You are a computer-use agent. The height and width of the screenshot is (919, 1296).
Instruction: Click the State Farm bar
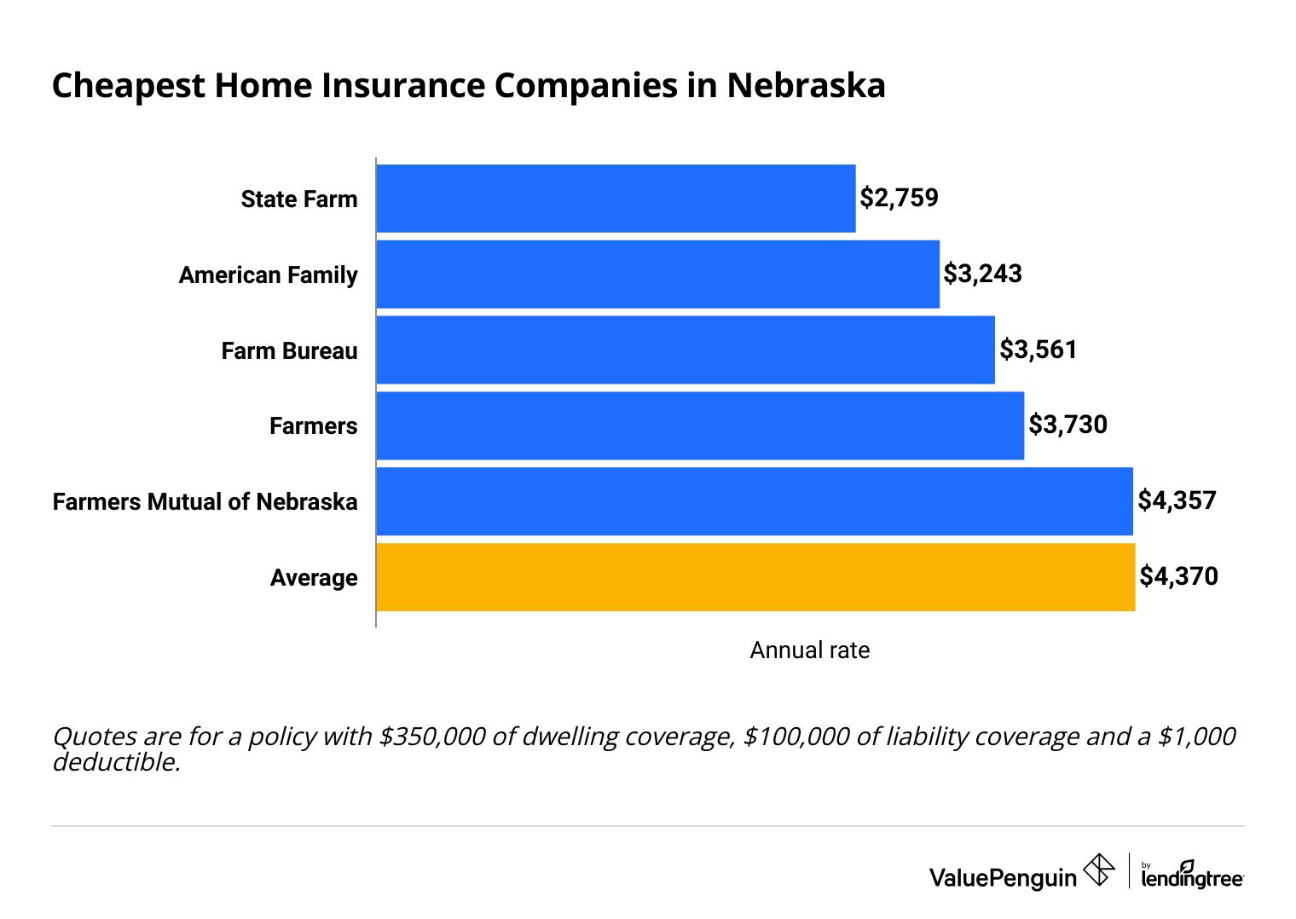[616, 199]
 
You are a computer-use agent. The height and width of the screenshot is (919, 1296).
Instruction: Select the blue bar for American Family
[657, 275]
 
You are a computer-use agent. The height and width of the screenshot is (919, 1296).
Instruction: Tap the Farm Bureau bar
[685, 350]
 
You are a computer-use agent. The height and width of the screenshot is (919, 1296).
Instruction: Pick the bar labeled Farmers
[699, 425]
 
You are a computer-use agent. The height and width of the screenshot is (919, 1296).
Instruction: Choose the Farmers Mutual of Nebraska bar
[754, 501]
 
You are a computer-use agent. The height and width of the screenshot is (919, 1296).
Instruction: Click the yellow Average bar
[755, 577]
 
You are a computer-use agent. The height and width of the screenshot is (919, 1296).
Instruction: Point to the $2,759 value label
[899, 198]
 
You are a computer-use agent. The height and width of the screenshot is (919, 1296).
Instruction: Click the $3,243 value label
[982, 274]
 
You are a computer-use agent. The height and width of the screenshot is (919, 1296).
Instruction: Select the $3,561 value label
[1038, 350]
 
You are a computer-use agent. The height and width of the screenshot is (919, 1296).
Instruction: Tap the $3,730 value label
[1067, 425]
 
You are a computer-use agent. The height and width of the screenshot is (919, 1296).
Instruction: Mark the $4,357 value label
[1177, 500]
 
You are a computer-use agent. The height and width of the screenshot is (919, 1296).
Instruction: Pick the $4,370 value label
[1178, 576]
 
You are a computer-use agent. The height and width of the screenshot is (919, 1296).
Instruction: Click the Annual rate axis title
[809, 650]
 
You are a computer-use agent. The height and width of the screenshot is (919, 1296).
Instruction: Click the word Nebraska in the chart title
[806, 86]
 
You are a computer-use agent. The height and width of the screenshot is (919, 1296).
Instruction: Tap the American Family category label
[268, 275]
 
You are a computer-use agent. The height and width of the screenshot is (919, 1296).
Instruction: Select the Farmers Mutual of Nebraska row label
[205, 501]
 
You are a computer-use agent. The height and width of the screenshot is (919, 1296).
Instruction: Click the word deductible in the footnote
[115, 762]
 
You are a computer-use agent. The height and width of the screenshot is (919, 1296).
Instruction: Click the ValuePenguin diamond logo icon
[1098, 870]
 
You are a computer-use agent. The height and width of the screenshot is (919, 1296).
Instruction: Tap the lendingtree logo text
[1192, 878]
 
